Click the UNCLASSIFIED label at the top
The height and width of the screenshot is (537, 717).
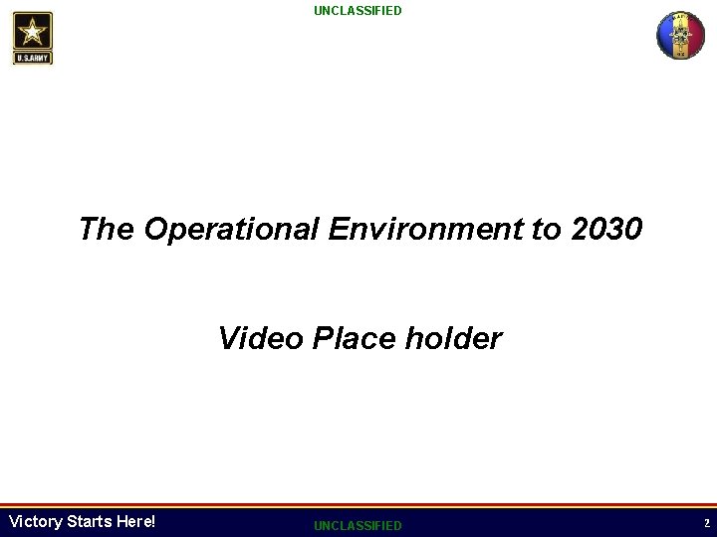[358, 11]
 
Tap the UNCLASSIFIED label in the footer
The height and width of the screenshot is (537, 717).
[358, 525]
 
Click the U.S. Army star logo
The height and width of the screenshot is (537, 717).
[34, 38]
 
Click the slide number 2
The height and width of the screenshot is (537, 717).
[705, 523]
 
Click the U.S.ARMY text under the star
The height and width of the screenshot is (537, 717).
[34, 58]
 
